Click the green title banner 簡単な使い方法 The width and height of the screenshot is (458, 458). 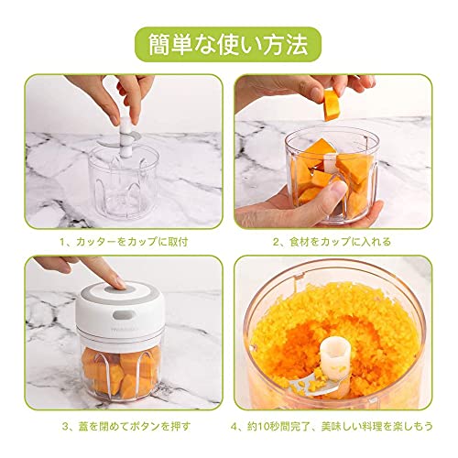[228, 45]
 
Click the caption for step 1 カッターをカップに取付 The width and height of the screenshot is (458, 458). [124, 242]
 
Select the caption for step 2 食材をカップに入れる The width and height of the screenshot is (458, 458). [332, 242]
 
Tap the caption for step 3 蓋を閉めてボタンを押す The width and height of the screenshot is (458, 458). [126, 426]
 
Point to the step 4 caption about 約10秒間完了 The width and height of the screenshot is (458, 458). [332, 426]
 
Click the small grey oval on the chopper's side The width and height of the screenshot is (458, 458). [125, 315]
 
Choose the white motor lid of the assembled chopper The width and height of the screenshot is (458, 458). [122, 311]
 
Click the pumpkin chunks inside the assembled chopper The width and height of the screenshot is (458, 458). [121, 372]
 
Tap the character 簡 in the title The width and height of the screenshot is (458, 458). [161, 45]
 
